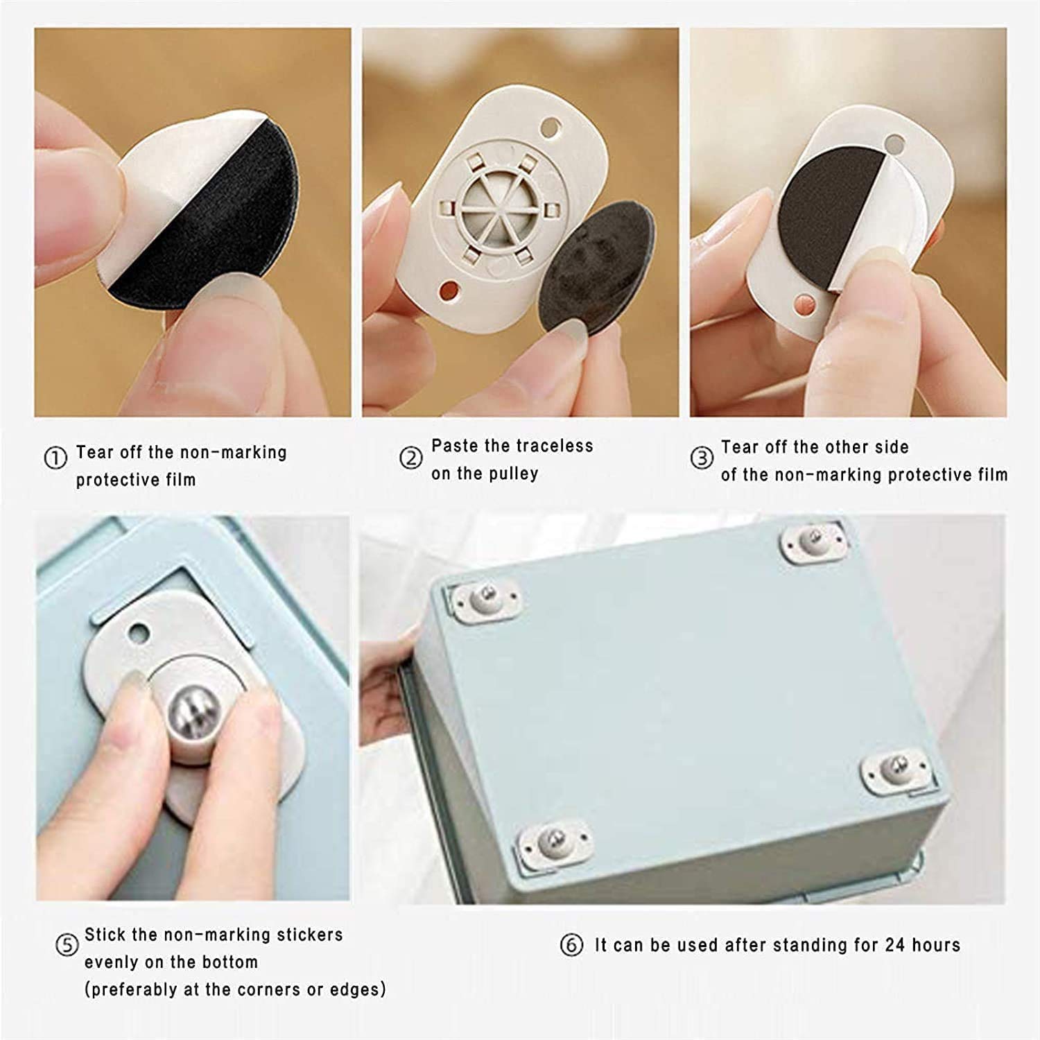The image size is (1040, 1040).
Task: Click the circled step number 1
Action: tap(55, 458)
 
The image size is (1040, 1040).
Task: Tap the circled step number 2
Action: tap(411, 458)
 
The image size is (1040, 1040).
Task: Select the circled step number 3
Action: tap(702, 458)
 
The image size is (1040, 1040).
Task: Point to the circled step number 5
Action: tap(67, 946)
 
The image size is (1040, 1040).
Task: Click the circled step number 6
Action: tap(571, 945)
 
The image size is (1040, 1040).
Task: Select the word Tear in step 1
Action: tap(94, 452)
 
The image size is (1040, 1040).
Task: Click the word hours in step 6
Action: tap(936, 945)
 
